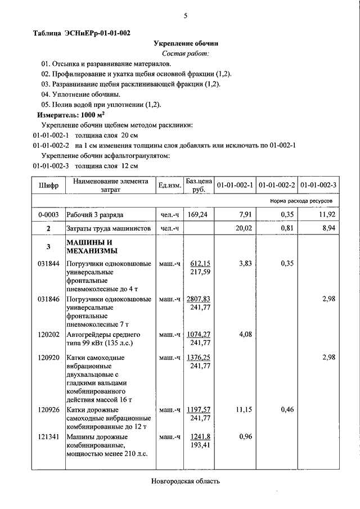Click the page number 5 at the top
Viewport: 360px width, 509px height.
click(x=184, y=16)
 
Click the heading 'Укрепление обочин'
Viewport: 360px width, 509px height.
click(x=186, y=43)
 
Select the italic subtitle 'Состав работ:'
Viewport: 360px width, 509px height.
click(x=185, y=53)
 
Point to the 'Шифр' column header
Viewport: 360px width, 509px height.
click(x=48, y=185)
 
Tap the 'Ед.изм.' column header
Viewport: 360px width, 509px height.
click(x=169, y=185)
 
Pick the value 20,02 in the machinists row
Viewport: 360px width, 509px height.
click(x=244, y=228)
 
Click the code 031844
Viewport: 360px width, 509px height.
click(x=48, y=263)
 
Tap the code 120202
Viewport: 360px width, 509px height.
click(x=48, y=335)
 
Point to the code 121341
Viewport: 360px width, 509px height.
click(x=48, y=436)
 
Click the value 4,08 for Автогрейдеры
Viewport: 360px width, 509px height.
click(x=246, y=335)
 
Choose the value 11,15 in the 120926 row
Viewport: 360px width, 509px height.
click(x=244, y=409)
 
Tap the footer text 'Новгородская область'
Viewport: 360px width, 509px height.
click(x=185, y=481)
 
